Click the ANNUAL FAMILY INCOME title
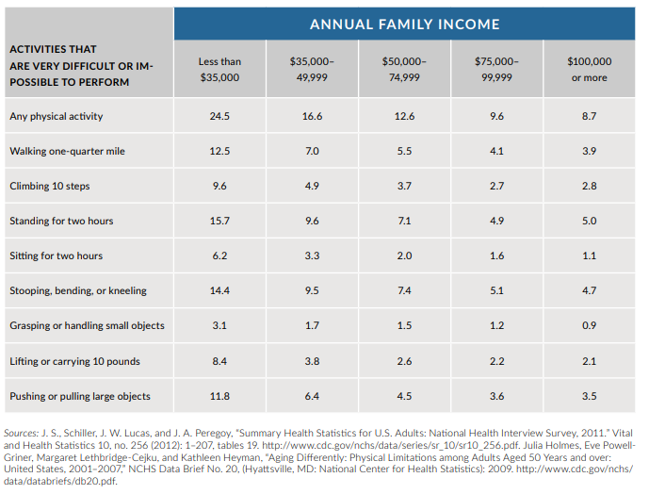404,25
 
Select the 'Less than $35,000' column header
219,69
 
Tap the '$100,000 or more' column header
590,69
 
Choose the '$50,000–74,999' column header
404,69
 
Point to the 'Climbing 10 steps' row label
50,186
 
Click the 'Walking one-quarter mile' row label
67,151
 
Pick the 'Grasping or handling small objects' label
87,326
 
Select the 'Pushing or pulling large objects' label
80,397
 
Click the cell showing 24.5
219,116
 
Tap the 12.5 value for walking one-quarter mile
219,151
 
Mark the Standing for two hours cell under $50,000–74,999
404,221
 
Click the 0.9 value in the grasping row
589,326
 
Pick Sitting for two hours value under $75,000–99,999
496,255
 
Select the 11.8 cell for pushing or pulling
219,397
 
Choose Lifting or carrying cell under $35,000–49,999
312,361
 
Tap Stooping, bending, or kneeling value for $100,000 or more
589,290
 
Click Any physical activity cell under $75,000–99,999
496,116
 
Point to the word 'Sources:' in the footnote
21,433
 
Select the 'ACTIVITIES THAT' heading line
53,49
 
